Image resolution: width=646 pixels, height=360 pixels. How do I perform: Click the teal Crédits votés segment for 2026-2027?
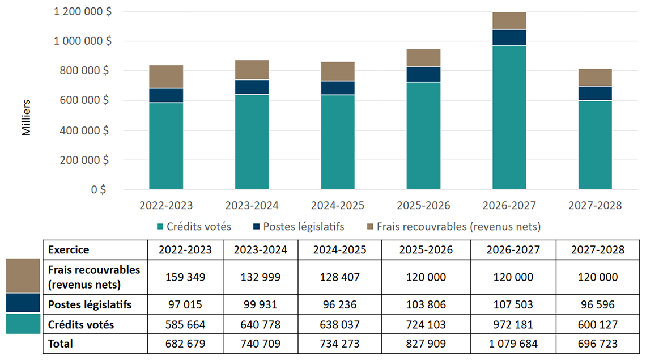click(x=509, y=117)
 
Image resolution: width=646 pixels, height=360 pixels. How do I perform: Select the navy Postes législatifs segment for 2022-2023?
click(x=166, y=95)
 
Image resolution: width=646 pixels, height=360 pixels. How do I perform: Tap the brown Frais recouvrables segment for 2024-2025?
click(x=338, y=71)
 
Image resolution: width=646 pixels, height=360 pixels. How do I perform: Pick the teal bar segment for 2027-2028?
click(x=595, y=145)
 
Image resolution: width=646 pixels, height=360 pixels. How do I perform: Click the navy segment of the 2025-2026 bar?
click(x=423, y=74)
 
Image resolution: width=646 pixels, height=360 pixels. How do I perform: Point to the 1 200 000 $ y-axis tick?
click(x=83, y=11)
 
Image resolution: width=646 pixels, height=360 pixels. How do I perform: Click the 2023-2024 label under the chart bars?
click(x=252, y=205)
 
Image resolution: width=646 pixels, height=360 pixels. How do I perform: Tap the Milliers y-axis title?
click(x=26, y=118)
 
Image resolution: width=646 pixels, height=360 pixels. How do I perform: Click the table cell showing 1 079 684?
click(x=513, y=344)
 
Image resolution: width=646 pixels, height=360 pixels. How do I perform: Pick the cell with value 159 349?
click(x=185, y=277)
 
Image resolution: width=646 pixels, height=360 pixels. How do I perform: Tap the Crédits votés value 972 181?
click(x=513, y=325)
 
